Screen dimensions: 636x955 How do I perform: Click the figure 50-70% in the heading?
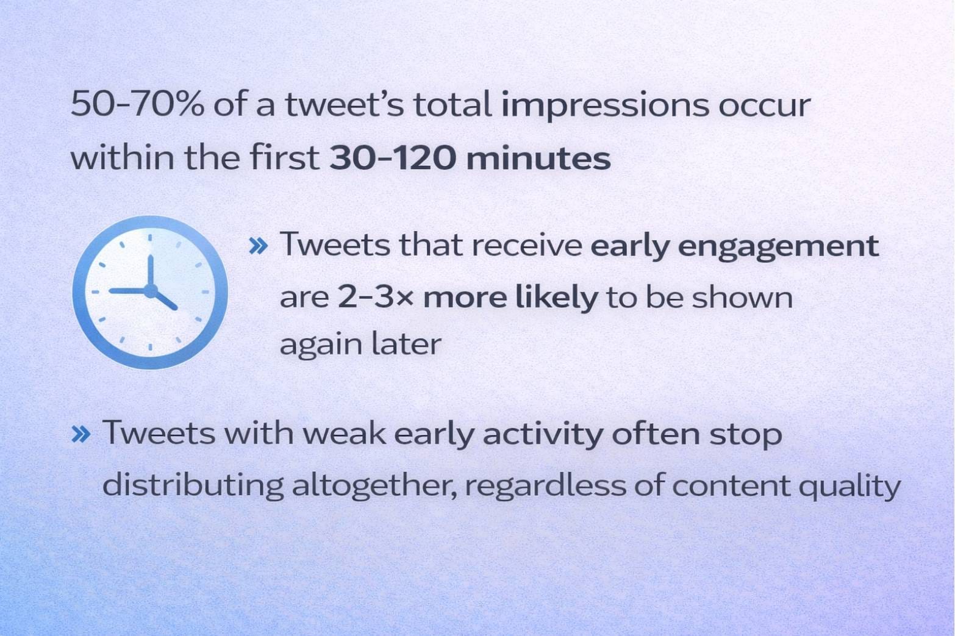pos(137,105)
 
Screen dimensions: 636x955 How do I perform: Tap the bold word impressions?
pos(604,106)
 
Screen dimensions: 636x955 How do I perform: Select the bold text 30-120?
pos(392,158)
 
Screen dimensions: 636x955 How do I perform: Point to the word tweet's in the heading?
pos(344,105)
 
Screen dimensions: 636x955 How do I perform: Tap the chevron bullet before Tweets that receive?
pos(259,246)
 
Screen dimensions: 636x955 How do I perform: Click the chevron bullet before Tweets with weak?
pos(81,435)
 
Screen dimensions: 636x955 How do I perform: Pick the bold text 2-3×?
pos(376,298)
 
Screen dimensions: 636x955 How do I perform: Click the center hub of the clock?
pos(150,291)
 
